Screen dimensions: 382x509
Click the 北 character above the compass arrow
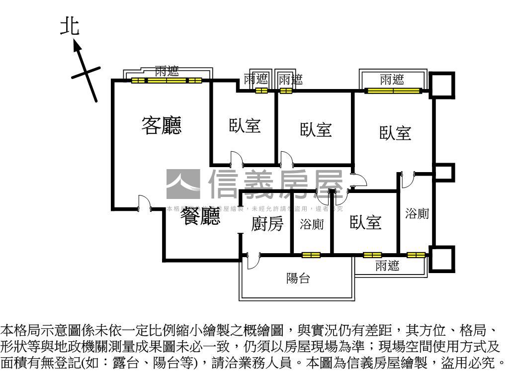pyautogui.click(x=70, y=27)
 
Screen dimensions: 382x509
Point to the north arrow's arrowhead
pyautogui.click(x=77, y=46)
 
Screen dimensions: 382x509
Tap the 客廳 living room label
pyautogui.click(x=162, y=125)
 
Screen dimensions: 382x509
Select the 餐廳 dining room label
pyautogui.click(x=199, y=216)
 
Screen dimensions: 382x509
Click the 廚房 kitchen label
pyautogui.click(x=267, y=224)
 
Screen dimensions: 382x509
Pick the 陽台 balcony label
pyautogui.click(x=298, y=279)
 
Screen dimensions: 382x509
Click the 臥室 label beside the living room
pyautogui.click(x=245, y=125)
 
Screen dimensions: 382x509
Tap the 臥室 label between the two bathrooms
pyautogui.click(x=365, y=222)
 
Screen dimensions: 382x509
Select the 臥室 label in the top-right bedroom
pyautogui.click(x=395, y=133)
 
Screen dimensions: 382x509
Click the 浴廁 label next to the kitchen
pyautogui.click(x=312, y=224)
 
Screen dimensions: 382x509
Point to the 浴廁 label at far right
pyautogui.click(x=417, y=214)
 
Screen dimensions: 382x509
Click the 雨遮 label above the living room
pyautogui.click(x=167, y=71)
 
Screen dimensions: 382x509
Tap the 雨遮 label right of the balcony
pyautogui.click(x=387, y=266)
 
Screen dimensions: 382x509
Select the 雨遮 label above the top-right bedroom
pyautogui.click(x=392, y=79)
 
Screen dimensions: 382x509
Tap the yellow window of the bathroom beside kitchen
pyautogui.click(x=311, y=255)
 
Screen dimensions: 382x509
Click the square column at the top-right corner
pyautogui.click(x=442, y=85)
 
